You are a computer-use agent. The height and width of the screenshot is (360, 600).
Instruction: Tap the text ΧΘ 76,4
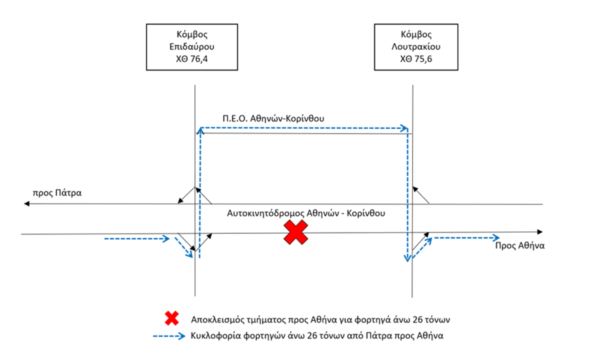click(x=192, y=59)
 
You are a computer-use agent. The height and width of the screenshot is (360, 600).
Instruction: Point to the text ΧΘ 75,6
click(x=416, y=59)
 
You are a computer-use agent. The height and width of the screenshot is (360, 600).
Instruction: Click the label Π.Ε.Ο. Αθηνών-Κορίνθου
click(x=273, y=118)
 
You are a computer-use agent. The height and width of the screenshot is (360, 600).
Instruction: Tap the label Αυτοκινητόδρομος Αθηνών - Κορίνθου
click(x=306, y=213)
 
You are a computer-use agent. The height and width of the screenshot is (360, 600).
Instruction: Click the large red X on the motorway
click(x=295, y=232)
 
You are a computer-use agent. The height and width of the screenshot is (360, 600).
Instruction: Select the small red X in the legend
click(x=171, y=318)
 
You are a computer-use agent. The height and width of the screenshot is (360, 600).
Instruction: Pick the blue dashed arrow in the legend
click(x=169, y=336)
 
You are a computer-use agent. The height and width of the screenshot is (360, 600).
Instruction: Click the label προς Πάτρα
click(x=57, y=193)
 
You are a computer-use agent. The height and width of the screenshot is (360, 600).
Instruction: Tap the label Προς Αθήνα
click(x=519, y=246)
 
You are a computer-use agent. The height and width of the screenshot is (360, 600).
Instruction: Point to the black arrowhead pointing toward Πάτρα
click(x=26, y=204)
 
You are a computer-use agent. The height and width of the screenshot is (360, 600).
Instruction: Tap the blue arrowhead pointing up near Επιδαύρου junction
click(x=200, y=131)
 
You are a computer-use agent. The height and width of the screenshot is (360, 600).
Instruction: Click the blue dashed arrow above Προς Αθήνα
click(x=466, y=237)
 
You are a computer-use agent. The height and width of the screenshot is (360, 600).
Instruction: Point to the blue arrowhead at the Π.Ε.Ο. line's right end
click(x=404, y=128)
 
